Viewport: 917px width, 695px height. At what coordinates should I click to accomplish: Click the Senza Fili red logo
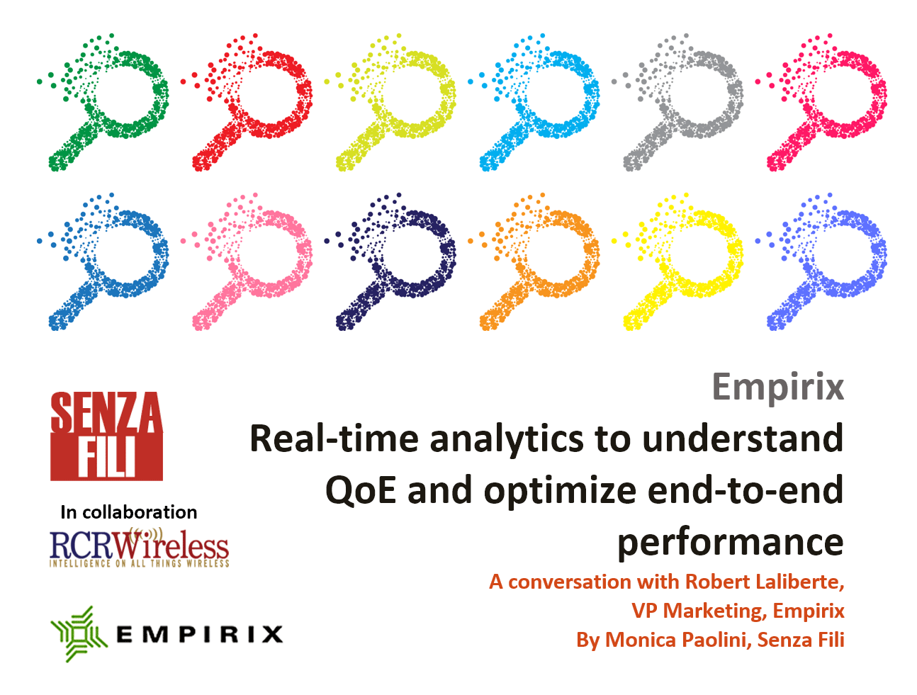[x=106, y=436]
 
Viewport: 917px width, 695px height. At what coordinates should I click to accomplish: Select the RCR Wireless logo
[x=139, y=547]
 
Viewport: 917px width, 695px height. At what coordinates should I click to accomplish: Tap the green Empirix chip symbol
[x=79, y=633]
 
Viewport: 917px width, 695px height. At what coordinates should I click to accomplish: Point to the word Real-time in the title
[x=334, y=439]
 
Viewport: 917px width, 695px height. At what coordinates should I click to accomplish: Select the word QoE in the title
[x=360, y=491]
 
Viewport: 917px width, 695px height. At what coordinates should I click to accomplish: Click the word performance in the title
[x=731, y=544]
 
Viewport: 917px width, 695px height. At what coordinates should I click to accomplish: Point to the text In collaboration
[x=129, y=512]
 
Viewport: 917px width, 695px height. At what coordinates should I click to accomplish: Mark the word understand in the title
[x=743, y=439]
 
